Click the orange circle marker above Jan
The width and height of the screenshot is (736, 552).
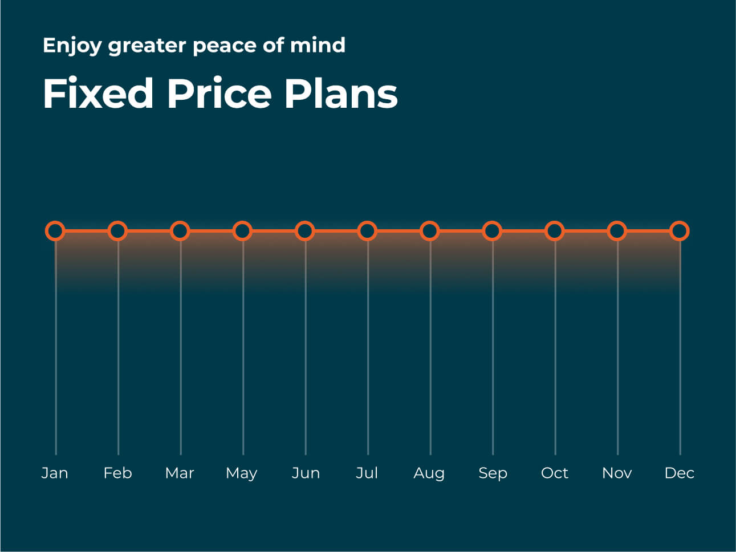point(55,231)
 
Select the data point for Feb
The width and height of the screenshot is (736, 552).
point(117,231)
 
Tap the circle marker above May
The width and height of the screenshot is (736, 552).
point(242,231)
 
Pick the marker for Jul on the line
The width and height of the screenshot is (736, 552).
point(367,231)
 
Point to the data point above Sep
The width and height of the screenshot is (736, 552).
point(492,231)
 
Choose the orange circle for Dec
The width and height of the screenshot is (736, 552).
point(680,231)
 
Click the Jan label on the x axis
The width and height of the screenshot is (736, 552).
point(55,473)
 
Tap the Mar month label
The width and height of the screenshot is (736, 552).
point(180,473)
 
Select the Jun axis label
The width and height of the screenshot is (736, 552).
point(306,473)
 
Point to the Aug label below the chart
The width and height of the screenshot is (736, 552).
point(429,473)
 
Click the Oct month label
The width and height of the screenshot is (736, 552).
point(554,473)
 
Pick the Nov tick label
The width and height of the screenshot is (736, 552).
point(617,473)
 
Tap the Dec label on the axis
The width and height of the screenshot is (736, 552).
point(679,473)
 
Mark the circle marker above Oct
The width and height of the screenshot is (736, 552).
point(554,231)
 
